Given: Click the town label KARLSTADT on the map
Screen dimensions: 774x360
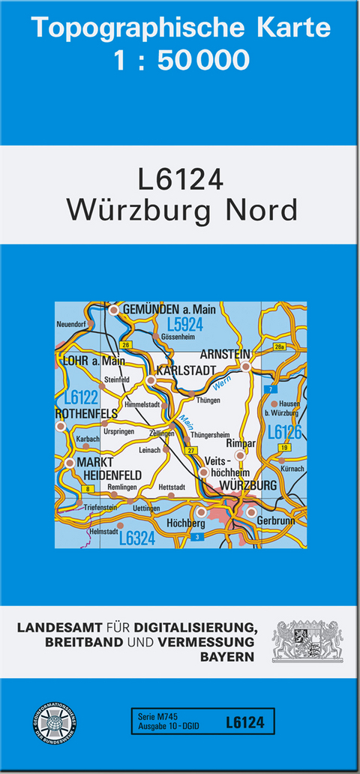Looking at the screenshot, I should coord(187,370).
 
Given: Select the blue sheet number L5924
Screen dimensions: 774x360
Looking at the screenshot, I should coord(185,325).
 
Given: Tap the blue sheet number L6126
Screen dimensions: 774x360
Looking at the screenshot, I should coord(285,432).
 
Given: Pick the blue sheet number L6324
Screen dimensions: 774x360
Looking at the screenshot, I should coord(136,537).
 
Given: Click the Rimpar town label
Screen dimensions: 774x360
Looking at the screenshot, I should coord(241,442).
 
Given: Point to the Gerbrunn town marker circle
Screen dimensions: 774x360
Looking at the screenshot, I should coord(252,512).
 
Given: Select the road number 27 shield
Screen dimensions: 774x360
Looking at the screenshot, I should coord(192,450).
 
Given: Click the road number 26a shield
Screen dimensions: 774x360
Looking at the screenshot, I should coord(280,346).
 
